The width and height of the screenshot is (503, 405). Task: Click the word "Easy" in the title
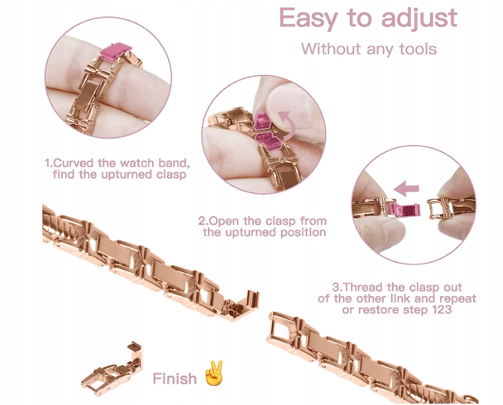tap(308, 19)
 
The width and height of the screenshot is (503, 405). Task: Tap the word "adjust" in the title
tap(420, 19)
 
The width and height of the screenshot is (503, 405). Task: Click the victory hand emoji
tap(214, 373)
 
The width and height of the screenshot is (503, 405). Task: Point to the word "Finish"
tap(175, 378)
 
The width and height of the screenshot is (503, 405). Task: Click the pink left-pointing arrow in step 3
tap(406, 188)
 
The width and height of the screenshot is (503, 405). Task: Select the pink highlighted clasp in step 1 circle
tap(116, 52)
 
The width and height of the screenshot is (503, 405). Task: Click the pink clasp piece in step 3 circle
tap(404, 210)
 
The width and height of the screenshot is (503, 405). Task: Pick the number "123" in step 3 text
tap(440, 310)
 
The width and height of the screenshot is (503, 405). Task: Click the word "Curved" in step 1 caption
tap(73, 163)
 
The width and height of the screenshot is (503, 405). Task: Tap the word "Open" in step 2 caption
tap(224, 221)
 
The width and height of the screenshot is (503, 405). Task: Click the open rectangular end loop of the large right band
tap(280, 329)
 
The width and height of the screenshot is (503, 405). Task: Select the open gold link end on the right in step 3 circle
tap(438, 208)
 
